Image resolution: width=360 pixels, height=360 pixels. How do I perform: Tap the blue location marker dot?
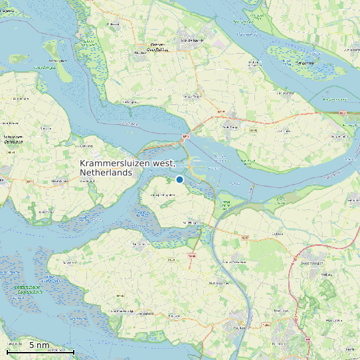pyautogui.click(x=179, y=179)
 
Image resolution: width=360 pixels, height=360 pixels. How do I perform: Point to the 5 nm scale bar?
pyautogui.click(x=40, y=351)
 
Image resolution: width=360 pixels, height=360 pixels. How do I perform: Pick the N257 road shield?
pyautogui.click(x=245, y=237)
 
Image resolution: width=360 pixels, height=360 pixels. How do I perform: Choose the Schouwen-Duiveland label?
pyautogui.click(x=13, y=137)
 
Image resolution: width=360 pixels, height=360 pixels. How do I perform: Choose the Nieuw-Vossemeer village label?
pyautogui.click(x=278, y=234)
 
